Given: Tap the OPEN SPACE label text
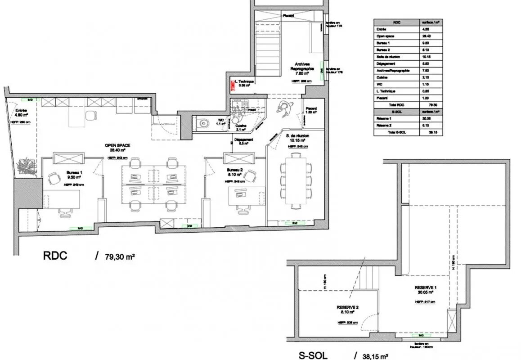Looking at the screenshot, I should tap(117, 145).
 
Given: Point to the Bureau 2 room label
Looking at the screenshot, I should tap(236, 170).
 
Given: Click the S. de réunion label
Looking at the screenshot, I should tap(297, 135).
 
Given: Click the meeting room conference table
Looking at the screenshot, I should tap(296, 180).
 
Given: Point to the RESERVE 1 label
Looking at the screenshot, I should tap(426, 288).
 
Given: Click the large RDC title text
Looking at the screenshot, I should tap(55, 256).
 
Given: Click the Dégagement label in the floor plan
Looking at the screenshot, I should tap(243, 140).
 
